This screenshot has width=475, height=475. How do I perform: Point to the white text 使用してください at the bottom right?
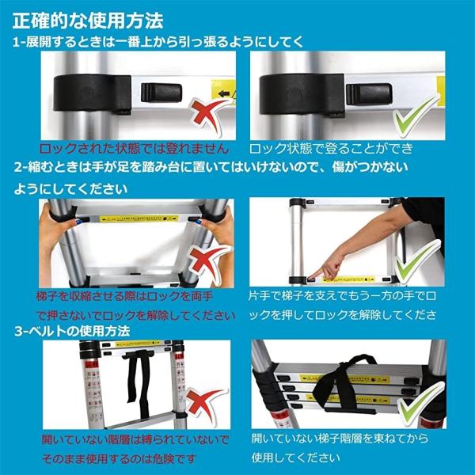point(298,457)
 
